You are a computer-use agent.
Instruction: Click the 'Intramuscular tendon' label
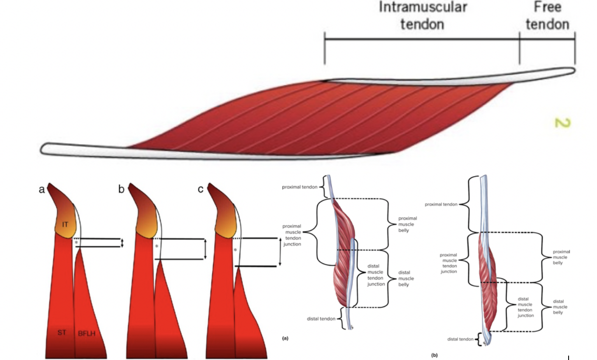pyautogui.click(x=422, y=16)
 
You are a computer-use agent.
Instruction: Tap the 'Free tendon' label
pyautogui.click(x=548, y=16)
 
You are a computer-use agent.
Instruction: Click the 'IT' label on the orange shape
pyautogui.click(x=65, y=224)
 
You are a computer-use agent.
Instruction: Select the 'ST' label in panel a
pyautogui.click(x=62, y=332)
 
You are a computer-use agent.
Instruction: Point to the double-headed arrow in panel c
pyautogui.click(x=280, y=252)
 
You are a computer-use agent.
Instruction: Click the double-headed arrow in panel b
pyautogui.click(x=205, y=249)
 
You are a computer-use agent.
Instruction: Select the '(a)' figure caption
pyautogui.click(x=285, y=338)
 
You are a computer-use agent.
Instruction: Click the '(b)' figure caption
pyautogui.click(x=434, y=355)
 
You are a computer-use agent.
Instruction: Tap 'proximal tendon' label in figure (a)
pyautogui.click(x=302, y=187)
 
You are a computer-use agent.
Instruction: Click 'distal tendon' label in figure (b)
pyautogui.click(x=460, y=339)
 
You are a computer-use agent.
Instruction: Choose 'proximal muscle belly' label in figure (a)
pyautogui.click(x=407, y=224)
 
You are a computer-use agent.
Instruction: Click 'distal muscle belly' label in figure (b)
pyautogui.click(x=558, y=307)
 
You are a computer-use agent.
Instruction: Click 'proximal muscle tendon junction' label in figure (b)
pyautogui.click(x=448, y=263)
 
